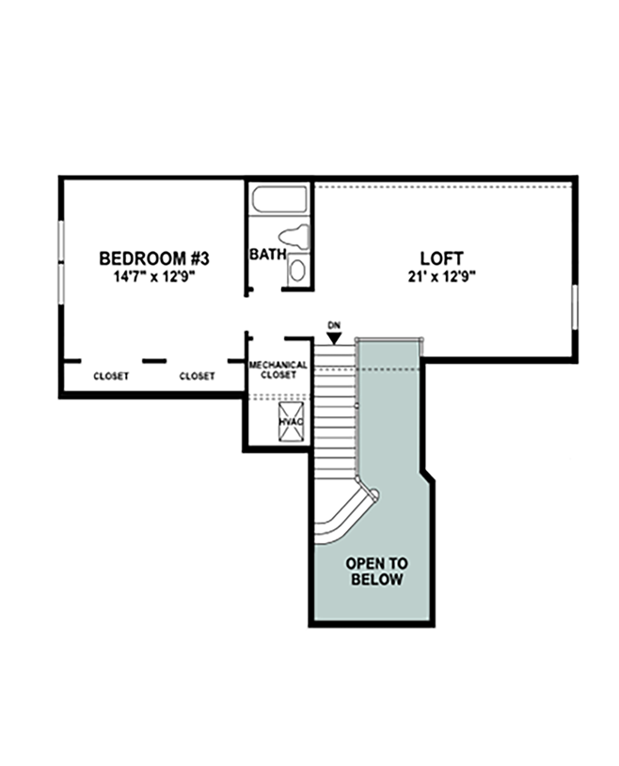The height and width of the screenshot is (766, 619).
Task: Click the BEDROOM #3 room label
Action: tap(154, 257)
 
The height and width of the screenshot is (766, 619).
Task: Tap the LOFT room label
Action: tap(442, 258)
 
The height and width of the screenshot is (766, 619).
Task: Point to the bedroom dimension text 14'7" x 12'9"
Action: tap(154, 276)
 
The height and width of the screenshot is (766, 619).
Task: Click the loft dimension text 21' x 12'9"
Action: tap(442, 276)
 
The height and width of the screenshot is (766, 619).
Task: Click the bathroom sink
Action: tap(296, 272)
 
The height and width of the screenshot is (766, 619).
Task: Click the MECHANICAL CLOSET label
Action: tap(278, 369)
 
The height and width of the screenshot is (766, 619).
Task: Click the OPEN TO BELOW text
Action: tap(376, 571)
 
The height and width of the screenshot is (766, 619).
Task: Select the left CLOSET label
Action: tap(111, 376)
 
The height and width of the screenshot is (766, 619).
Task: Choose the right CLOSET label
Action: tap(198, 376)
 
